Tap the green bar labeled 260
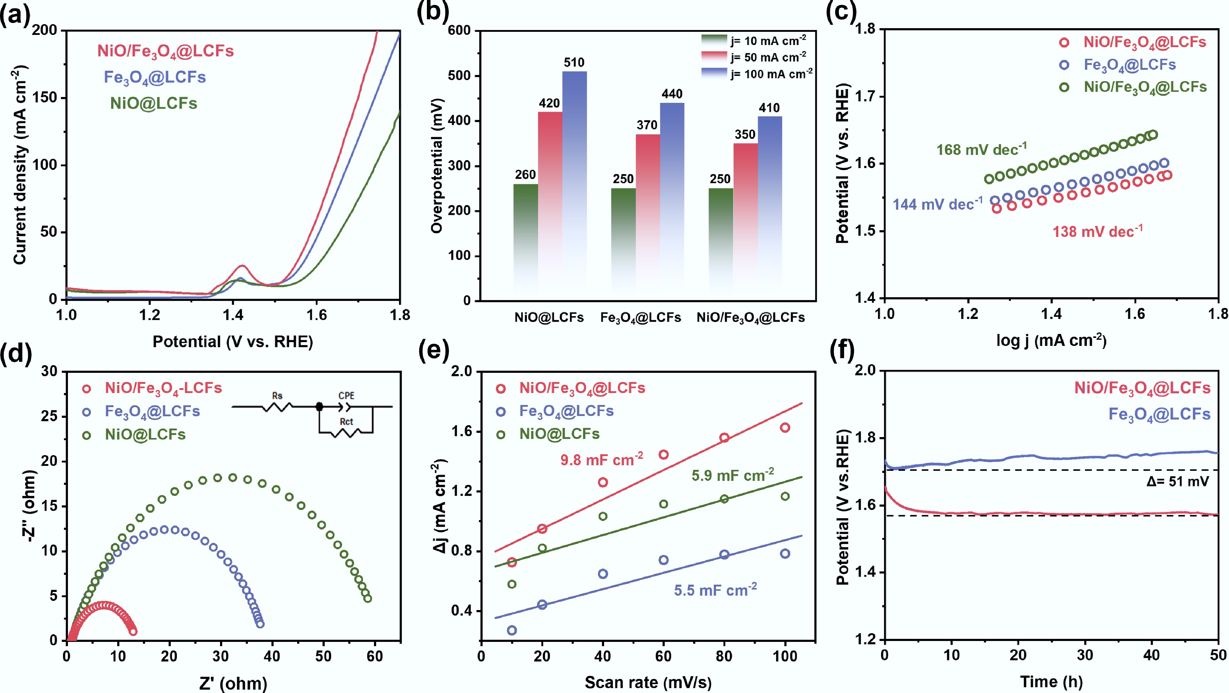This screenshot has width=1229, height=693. point(525,239)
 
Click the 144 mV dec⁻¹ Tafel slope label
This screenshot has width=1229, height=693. point(937,204)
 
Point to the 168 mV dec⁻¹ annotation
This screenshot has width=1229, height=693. point(981,149)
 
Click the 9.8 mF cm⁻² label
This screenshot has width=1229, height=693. point(601,460)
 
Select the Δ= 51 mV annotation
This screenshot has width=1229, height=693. point(1178,481)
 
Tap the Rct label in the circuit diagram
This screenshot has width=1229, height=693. point(346,421)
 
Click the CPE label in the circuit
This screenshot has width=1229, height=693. point(346,396)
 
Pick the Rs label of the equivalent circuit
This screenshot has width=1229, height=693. point(277,396)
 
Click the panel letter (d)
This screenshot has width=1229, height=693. point(16,354)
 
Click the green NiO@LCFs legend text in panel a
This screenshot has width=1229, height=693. point(154,103)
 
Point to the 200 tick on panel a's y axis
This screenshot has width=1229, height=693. point(44,30)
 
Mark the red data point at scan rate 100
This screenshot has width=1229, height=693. point(785,428)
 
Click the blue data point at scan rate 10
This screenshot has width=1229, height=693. point(512,630)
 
